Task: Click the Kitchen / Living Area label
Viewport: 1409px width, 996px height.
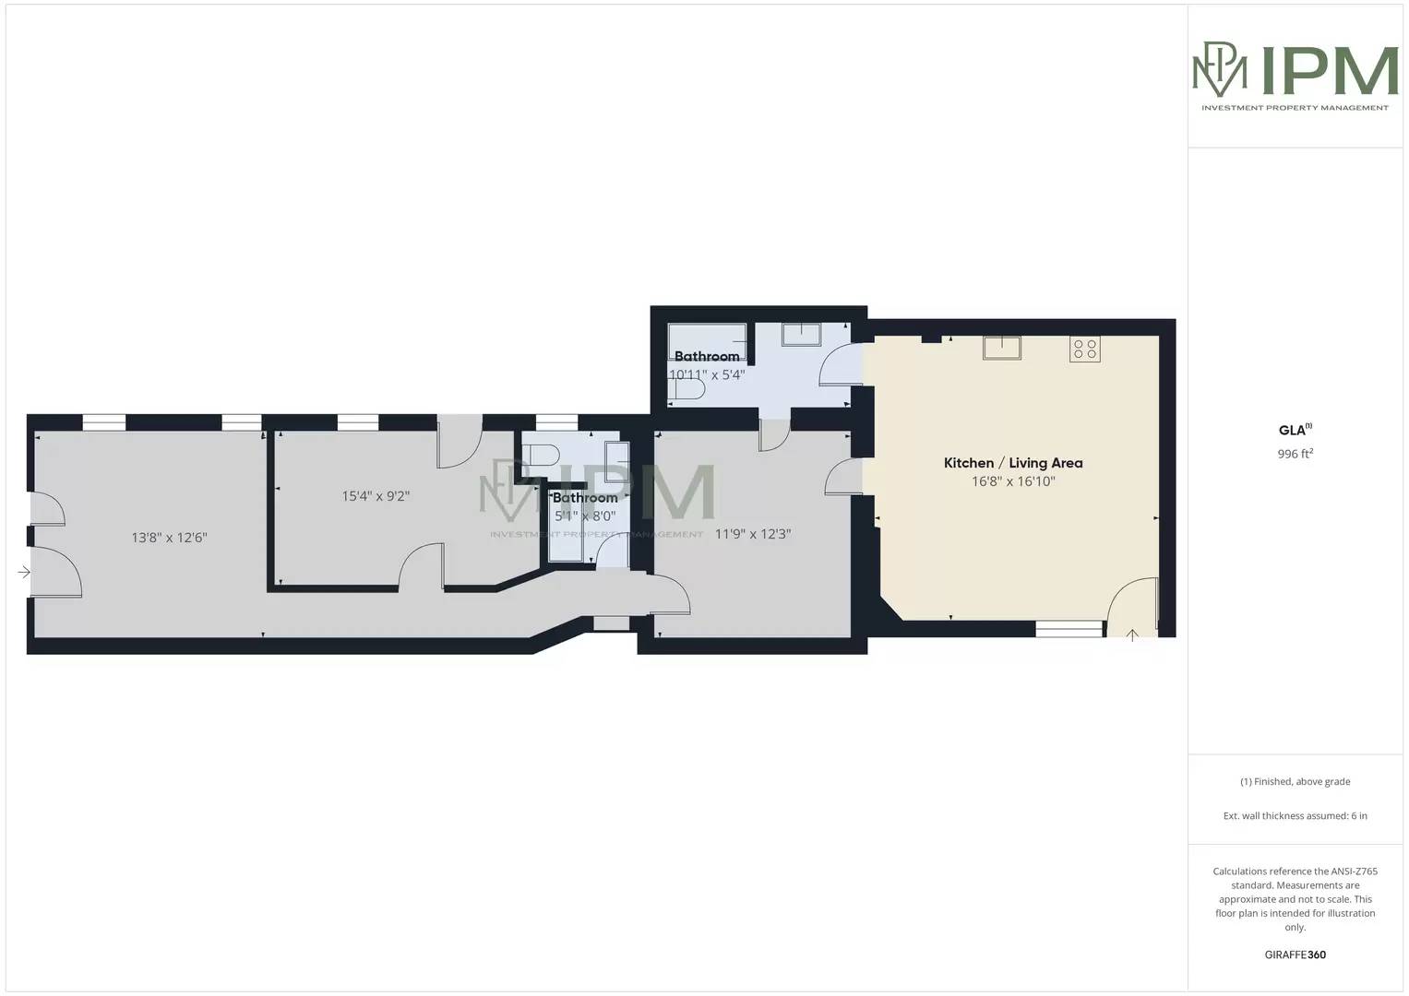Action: tap(1012, 463)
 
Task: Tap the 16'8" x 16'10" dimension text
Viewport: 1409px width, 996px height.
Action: tap(1012, 481)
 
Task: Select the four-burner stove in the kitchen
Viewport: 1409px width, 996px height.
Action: tap(1085, 349)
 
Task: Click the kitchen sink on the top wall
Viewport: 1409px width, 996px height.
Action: tap(1001, 348)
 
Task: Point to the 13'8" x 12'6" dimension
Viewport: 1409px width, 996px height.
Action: tap(169, 538)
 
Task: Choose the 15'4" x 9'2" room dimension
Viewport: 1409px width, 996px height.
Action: tap(376, 496)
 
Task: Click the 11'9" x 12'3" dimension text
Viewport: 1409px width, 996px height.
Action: tap(753, 534)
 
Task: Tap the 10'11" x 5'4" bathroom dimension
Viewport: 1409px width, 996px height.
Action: tap(707, 375)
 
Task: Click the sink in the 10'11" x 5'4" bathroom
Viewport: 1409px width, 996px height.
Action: tap(801, 333)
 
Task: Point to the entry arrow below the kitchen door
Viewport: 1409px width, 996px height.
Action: tap(1132, 634)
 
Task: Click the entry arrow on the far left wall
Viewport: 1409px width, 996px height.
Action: tap(23, 573)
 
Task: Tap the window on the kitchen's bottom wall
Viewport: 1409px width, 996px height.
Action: tap(1069, 629)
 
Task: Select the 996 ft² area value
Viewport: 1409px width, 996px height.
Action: tap(1295, 454)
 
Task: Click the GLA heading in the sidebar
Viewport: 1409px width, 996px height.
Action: tap(1294, 430)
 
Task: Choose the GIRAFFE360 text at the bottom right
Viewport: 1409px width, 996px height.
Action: tap(1295, 954)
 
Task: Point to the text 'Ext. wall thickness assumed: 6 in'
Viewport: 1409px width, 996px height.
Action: tap(1295, 815)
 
